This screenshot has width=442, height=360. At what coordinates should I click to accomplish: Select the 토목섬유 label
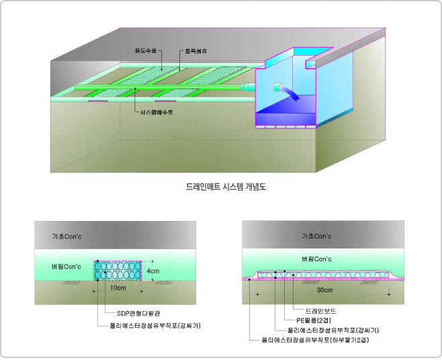pos(196,50)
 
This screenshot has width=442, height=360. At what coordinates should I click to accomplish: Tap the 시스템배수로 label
pos(156,112)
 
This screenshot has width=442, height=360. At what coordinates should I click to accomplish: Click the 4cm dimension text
pos(154,271)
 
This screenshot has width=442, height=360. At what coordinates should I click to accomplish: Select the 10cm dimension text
pos(118,288)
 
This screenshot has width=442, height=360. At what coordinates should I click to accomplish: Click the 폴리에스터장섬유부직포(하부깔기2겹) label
pos(315,341)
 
